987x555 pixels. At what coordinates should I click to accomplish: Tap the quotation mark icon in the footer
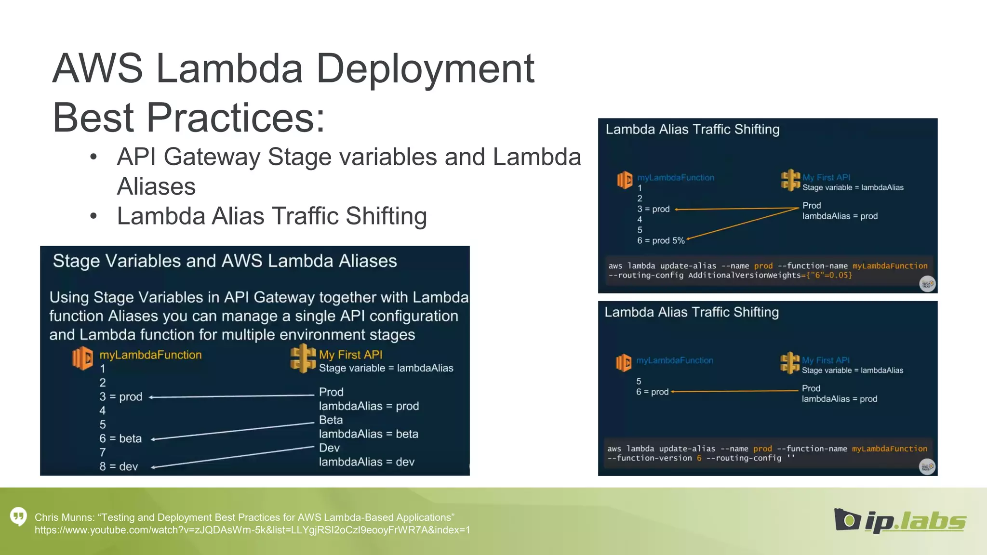[19, 516]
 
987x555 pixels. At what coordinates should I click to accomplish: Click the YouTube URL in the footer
[252, 530]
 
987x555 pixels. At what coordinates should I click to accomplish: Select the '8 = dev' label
[119, 466]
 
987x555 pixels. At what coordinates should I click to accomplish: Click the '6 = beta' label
[120, 438]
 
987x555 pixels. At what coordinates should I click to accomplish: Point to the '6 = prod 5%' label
[661, 240]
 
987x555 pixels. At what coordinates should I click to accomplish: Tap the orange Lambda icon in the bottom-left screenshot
[82, 358]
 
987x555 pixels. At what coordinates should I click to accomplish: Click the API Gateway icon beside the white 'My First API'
[303, 358]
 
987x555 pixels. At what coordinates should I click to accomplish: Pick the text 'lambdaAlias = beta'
[368, 434]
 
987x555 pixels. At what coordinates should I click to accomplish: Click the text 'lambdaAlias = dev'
[366, 462]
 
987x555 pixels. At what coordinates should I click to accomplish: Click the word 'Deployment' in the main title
[425, 68]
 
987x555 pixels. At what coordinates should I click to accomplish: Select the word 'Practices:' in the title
[236, 118]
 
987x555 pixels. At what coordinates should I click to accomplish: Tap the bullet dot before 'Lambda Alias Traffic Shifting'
[93, 216]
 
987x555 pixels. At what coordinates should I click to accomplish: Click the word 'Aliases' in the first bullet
[156, 186]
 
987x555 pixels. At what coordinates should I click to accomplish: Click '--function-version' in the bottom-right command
[650, 458]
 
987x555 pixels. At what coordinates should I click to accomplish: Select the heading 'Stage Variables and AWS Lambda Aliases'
[225, 261]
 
